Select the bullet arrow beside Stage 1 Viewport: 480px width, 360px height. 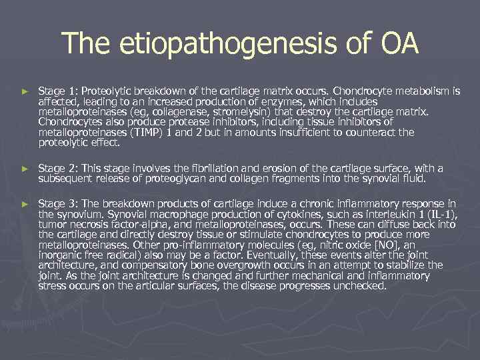[25, 90]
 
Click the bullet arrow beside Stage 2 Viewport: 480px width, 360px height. [25, 169]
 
